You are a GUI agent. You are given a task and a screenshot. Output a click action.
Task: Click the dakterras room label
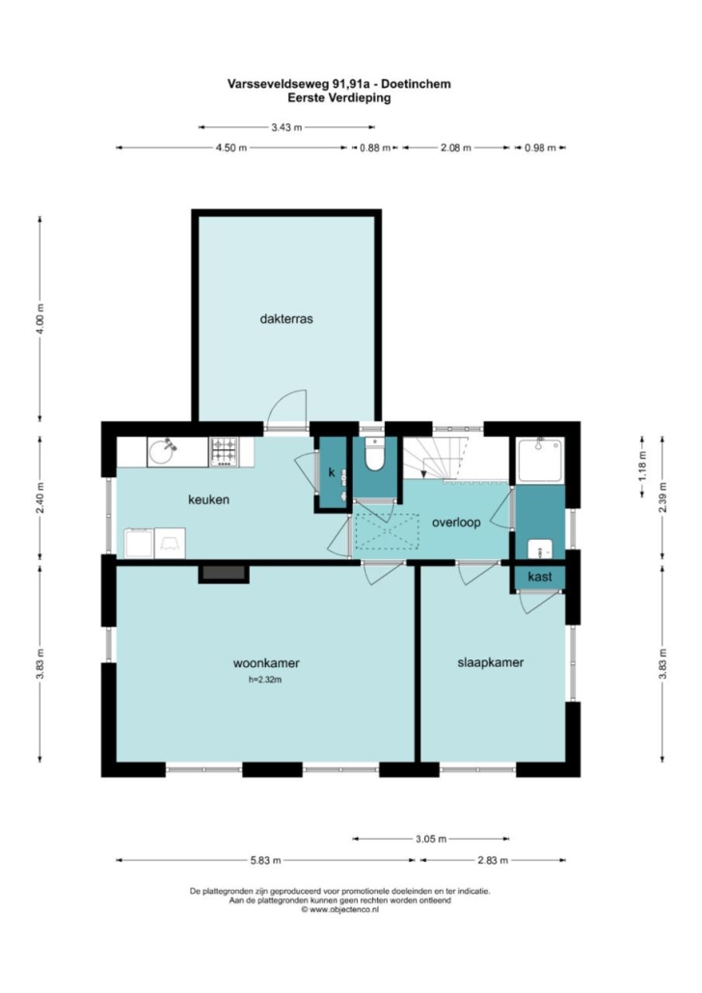[286, 318]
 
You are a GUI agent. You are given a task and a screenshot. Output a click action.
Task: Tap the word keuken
[208, 499]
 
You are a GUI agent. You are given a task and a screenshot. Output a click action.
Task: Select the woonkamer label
[266, 663]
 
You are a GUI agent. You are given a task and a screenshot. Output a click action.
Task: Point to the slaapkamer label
[491, 663]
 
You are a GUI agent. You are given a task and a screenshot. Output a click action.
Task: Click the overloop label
[456, 523]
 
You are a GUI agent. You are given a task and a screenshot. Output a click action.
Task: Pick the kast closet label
[539, 577]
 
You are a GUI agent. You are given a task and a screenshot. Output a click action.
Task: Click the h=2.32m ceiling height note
[265, 680]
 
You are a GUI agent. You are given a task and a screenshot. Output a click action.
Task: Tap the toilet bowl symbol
[375, 455]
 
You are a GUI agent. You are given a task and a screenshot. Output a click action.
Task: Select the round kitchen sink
[163, 452]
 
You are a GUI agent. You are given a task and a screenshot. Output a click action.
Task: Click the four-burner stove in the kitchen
[225, 452]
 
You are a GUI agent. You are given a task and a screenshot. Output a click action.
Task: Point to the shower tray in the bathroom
[540, 461]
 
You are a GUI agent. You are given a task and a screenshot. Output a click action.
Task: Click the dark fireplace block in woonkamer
[224, 573]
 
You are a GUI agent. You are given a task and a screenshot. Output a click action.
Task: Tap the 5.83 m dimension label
[265, 860]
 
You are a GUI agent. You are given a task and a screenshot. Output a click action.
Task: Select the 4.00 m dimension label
[40, 319]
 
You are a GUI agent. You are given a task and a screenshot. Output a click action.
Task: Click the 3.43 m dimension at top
[286, 127]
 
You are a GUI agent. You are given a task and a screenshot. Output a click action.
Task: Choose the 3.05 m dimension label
[431, 839]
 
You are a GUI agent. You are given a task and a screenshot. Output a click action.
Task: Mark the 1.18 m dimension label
[642, 468]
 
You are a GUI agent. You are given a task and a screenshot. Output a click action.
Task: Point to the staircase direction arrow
[424, 471]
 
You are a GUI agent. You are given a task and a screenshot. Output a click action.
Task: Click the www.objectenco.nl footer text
[340, 909]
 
